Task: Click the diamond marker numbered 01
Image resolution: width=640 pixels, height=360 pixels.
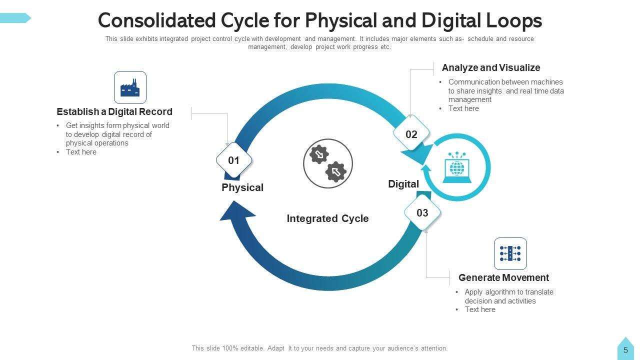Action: point(234,160)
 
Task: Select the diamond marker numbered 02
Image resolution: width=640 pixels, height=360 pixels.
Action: point(411,134)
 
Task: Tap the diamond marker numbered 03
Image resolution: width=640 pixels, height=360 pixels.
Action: point(422,213)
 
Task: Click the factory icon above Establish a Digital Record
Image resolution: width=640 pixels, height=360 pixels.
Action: point(130,87)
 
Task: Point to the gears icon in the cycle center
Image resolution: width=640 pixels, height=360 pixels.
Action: point(328,163)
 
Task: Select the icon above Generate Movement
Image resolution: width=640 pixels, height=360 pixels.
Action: point(510,253)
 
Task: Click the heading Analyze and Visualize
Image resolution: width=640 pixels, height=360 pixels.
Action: point(491,67)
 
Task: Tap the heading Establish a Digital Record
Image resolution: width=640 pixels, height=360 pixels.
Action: point(114,111)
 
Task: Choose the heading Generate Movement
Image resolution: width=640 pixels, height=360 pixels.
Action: point(503,277)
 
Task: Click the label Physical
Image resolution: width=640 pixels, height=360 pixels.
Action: point(242,187)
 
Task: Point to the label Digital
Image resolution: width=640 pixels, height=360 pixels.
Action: point(403,184)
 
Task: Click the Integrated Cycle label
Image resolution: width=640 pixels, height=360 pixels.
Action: point(327,218)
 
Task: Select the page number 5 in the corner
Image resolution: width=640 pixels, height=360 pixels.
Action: point(625,350)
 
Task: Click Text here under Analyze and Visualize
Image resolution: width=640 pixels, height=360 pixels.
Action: point(463,108)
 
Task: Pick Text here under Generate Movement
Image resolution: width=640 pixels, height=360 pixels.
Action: point(480,309)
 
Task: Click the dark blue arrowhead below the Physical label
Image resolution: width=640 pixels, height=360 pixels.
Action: point(235,210)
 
